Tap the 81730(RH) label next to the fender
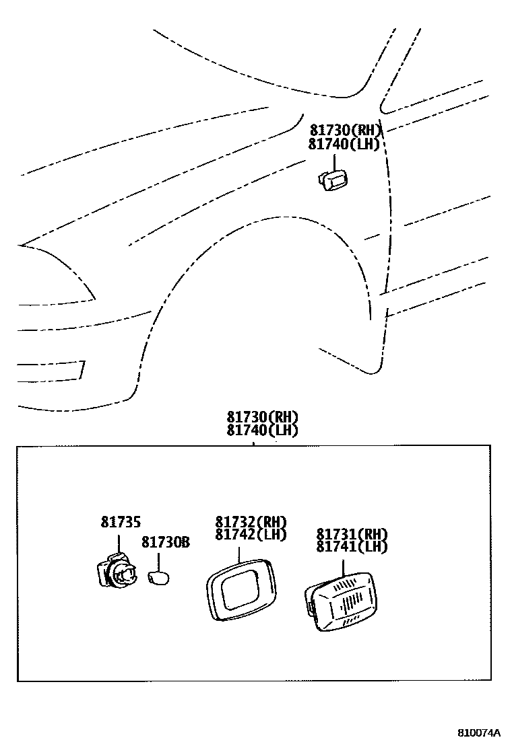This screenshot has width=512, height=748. [x=346, y=130]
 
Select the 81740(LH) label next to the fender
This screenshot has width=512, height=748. [x=344, y=144]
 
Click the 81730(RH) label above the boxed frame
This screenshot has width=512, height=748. [x=262, y=417]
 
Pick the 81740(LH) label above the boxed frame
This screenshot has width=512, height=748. [x=262, y=431]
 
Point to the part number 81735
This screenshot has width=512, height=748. [x=121, y=521]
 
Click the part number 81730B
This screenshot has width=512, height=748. [x=166, y=541]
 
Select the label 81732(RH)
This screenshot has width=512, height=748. [x=251, y=522]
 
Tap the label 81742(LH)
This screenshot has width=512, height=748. [x=251, y=535]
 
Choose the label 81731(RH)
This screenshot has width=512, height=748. [x=352, y=534]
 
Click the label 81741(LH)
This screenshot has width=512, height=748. [x=352, y=547]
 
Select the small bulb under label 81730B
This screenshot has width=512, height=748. [x=158, y=578]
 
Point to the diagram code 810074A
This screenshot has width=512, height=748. [x=480, y=733]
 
